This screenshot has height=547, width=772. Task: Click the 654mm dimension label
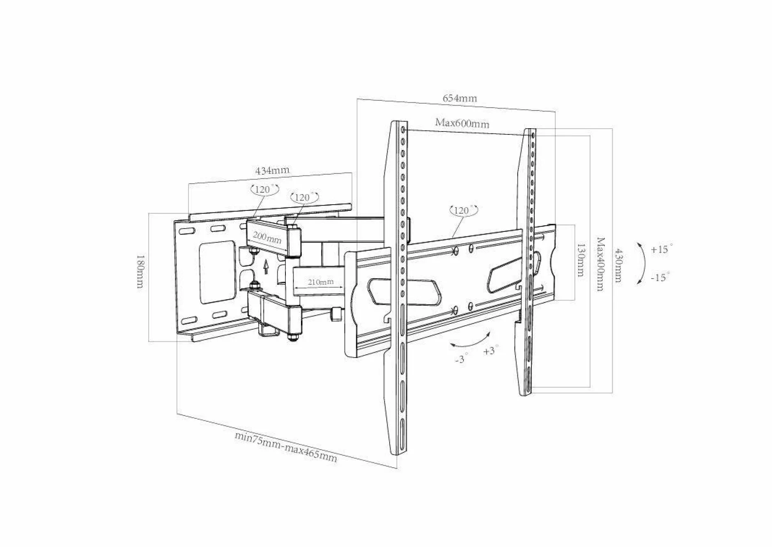(x=460, y=98)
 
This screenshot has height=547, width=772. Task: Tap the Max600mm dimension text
(x=462, y=123)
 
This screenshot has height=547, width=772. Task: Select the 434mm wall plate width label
(x=273, y=170)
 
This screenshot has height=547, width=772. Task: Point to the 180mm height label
(x=140, y=271)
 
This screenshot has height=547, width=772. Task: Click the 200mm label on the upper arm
(x=267, y=237)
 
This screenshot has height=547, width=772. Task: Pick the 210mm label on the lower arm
(x=321, y=282)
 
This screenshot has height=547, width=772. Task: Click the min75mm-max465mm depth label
(x=286, y=447)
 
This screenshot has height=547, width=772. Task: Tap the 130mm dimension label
(x=580, y=260)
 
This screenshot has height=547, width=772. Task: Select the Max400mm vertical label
(x=600, y=264)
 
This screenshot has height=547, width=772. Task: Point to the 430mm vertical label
(x=617, y=265)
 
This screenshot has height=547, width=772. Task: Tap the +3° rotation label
(x=491, y=351)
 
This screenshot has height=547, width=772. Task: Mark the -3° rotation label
(x=462, y=358)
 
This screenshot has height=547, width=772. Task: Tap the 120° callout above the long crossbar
(x=464, y=210)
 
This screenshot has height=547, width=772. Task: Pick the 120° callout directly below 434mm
(x=264, y=189)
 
